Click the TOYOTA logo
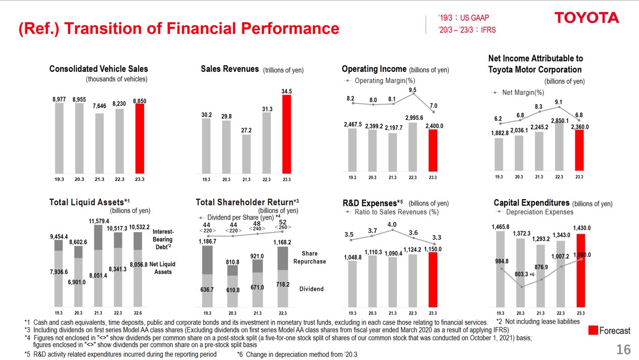[586, 18]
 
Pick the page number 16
[623, 349]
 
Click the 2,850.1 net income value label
[559, 120]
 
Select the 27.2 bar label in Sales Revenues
[246, 130]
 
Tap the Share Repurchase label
[309, 257]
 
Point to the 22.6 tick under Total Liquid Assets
[138, 313]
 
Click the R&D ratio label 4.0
[392, 224]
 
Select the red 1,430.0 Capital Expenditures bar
[579, 270]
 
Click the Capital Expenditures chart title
[531, 203]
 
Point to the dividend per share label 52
[282, 222]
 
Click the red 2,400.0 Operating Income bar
[433, 151]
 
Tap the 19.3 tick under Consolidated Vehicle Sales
[59, 178]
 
